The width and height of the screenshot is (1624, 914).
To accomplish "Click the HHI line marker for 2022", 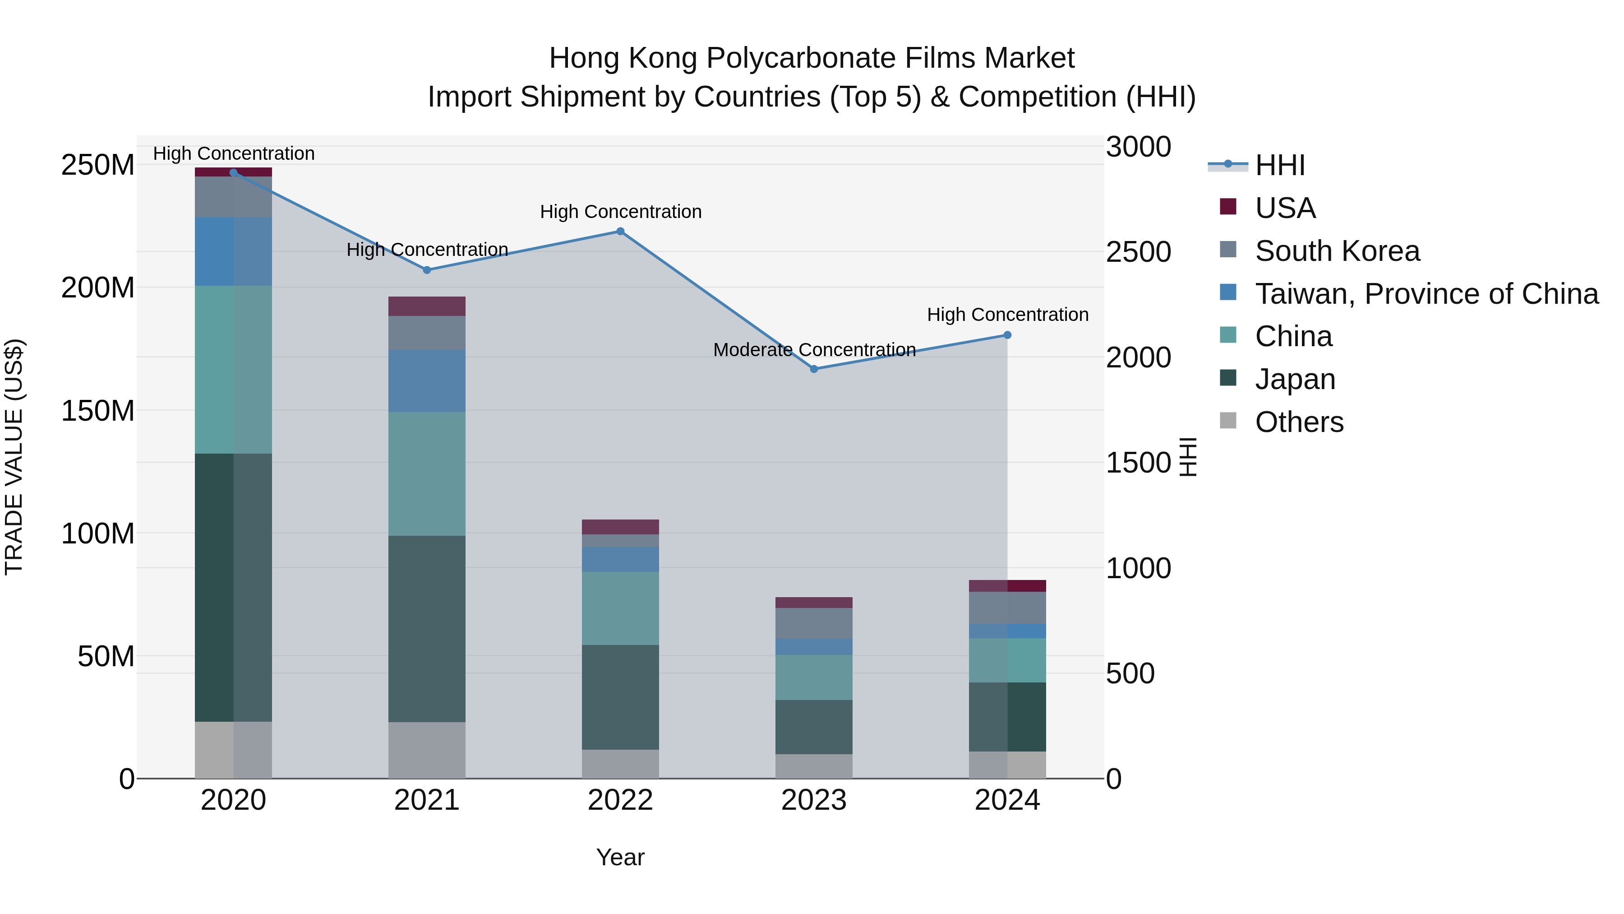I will (620, 232).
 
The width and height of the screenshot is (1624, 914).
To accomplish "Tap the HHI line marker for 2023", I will (813, 369).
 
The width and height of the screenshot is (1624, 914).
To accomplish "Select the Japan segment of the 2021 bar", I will (427, 628).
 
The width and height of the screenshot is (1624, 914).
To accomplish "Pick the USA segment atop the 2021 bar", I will (427, 306).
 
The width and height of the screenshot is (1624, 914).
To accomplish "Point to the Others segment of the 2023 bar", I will (813, 766).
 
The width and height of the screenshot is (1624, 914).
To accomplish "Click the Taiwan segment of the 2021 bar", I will (427, 381).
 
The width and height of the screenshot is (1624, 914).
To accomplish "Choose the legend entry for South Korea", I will (1337, 251).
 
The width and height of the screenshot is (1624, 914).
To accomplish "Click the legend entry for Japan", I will (1294, 379).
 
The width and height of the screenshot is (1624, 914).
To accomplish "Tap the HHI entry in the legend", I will (1279, 165).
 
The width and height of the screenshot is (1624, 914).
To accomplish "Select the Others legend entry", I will (1299, 422).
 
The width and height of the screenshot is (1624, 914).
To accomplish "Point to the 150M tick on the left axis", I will (98, 411).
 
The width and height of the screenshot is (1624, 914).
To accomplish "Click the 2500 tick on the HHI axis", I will (1138, 252).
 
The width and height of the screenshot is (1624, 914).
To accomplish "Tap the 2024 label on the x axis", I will (1007, 800).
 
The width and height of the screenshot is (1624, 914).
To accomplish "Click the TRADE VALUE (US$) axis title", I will (14, 457).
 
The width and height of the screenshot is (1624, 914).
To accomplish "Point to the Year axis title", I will (620, 857).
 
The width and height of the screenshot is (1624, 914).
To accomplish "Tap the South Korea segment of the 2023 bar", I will (813, 623).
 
